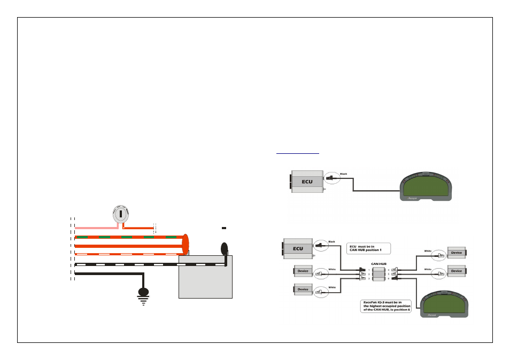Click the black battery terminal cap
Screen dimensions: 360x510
(225, 248)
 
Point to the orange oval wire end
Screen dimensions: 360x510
(185, 244)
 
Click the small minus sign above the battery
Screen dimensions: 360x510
(225, 228)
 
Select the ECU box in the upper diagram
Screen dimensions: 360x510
(307, 182)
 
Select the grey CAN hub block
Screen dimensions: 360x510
(379, 275)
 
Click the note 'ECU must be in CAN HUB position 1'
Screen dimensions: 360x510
(368, 248)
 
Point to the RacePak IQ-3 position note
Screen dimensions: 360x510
(385, 306)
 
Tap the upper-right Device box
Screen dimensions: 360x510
(456, 253)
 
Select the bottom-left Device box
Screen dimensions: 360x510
(303, 289)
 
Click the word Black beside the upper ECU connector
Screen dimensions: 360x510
(344, 174)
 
